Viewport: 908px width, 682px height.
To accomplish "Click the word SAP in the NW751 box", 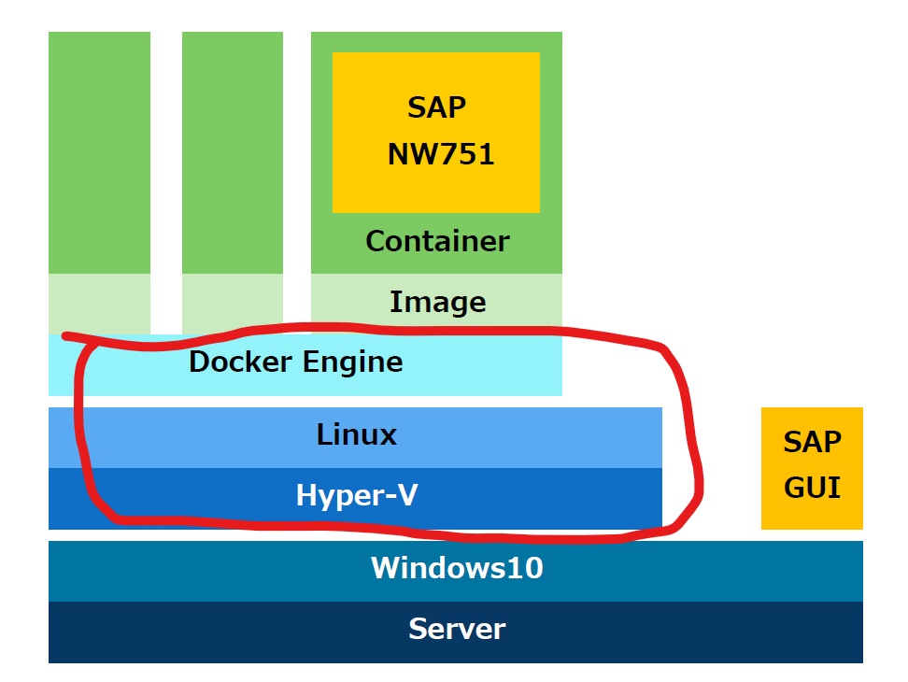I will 436,107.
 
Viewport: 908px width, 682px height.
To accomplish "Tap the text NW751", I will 440,154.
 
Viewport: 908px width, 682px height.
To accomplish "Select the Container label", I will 437,241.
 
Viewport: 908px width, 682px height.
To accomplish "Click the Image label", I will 437,302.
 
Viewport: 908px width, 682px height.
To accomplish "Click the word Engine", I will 352,362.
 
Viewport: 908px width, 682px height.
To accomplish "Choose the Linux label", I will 356,434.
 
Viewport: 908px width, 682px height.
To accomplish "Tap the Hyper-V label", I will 356,495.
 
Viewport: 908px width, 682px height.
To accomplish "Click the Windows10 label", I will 456,567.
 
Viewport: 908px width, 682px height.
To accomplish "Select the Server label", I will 456,629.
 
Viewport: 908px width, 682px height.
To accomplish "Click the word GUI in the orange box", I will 812,487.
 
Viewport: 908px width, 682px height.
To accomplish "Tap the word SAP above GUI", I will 812,441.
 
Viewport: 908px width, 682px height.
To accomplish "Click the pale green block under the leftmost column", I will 99,302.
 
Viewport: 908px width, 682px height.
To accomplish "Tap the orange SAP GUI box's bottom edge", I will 812,528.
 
